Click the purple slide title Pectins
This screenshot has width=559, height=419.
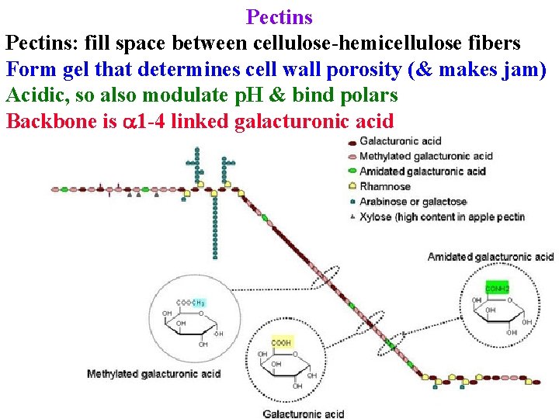[x=279, y=16]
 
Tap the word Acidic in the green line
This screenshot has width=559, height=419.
[x=35, y=95]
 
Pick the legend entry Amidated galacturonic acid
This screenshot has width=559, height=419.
[x=422, y=171]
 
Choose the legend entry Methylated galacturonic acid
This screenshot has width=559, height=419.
[x=426, y=156]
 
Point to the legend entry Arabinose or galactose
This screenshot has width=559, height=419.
[x=413, y=202]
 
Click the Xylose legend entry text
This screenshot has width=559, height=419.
[x=442, y=217]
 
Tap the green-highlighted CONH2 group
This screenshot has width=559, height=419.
[x=497, y=288]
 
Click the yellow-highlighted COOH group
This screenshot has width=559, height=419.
[x=281, y=342]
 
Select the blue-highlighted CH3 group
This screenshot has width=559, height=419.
[x=199, y=302]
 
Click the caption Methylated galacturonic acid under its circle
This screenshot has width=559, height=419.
[x=154, y=374]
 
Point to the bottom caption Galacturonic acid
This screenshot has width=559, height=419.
[x=303, y=413]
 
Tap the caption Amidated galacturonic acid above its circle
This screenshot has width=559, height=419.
[x=490, y=257]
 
